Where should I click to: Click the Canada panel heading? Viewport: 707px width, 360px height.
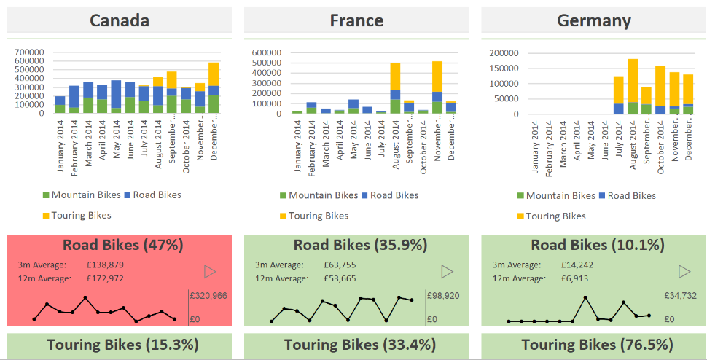120,20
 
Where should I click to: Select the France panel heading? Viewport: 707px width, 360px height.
356,20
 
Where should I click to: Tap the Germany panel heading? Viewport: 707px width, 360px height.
594,20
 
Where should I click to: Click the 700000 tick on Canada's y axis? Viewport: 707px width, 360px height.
29,52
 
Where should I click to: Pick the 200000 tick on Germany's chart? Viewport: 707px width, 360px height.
504,52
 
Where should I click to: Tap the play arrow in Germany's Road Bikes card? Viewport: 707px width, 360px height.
684,272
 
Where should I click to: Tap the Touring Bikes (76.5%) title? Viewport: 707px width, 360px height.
594,345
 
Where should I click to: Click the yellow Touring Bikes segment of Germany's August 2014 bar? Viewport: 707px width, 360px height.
632,80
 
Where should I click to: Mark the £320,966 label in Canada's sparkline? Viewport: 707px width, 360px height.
208,296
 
